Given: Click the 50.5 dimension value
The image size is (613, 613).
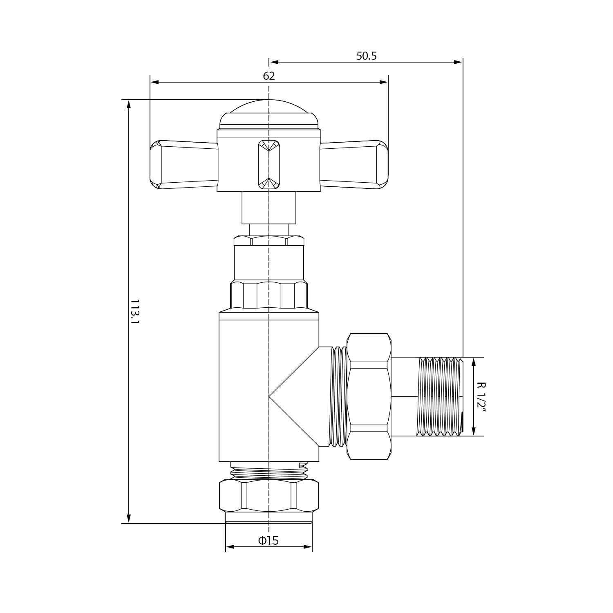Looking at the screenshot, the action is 366,56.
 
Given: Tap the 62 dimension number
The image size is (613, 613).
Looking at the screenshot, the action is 269,76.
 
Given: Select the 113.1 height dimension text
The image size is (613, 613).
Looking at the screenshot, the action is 135,311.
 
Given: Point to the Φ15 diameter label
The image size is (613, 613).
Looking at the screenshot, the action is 268,541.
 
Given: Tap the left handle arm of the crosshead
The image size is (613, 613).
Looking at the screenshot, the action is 184,165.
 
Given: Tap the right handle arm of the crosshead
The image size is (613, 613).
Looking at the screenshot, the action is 354,165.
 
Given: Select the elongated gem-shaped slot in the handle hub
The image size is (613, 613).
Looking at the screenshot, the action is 269,165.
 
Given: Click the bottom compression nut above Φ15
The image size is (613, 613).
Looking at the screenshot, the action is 269,496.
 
